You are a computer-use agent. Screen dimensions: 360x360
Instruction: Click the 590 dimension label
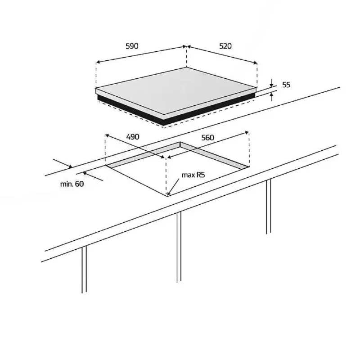pyautogui.click(x=132, y=46)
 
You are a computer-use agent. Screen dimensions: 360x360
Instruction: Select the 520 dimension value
pyautogui.click(x=225, y=46)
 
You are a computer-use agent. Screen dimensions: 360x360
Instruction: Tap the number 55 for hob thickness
pyautogui.click(x=286, y=85)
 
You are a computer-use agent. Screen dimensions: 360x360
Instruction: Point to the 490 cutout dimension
pyautogui.click(x=133, y=137)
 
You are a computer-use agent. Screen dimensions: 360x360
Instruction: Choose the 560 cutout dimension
pyautogui.click(x=207, y=138)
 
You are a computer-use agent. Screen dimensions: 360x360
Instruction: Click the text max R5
pyautogui.click(x=193, y=175)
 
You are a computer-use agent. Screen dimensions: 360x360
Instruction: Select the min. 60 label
pyautogui.click(x=72, y=184)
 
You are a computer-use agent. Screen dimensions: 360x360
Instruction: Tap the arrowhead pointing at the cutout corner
pyautogui.click(x=169, y=194)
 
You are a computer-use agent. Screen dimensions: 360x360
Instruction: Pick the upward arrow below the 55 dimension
pyautogui.click(x=272, y=97)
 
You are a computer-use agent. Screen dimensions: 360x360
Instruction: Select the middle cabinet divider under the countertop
pyautogui.click(x=179, y=247)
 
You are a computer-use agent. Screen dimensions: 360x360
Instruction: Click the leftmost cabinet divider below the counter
pyautogui.click(x=84, y=270)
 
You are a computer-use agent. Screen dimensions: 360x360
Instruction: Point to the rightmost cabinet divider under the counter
pyautogui.click(x=269, y=207)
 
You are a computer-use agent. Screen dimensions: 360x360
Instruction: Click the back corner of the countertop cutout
pyautogui.click(x=180, y=142)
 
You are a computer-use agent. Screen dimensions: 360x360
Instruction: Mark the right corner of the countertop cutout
pyautogui.click(x=249, y=166)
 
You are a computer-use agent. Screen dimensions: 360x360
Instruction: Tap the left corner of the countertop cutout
pyautogui.click(x=106, y=165)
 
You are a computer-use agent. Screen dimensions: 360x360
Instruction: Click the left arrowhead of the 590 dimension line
pyautogui.click(x=98, y=62)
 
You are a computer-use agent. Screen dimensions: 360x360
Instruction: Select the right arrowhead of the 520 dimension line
pyautogui.click(x=255, y=63)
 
